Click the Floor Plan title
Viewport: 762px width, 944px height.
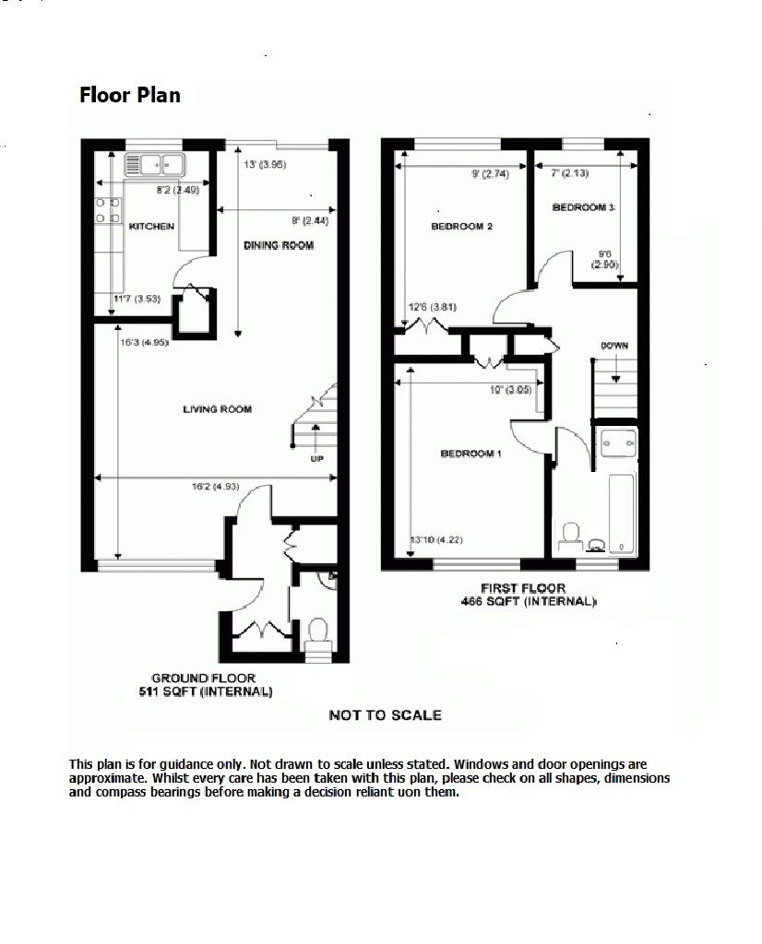point(129,95)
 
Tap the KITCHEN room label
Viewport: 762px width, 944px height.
point(152,227)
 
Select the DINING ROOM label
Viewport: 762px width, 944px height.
point(279,245)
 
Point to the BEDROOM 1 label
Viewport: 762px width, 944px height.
point(470,454)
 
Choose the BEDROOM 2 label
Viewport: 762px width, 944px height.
point(461,226)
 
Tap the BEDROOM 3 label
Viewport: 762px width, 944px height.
point(583,207)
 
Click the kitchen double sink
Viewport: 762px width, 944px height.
point(155,166)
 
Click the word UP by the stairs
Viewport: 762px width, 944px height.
point(317,458)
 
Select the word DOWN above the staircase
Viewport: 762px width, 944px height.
point(614,346)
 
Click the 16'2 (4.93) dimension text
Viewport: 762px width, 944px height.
point(213,487)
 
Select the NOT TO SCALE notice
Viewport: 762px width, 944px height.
point(385,714)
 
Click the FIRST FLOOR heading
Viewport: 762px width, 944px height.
point(522,588)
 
